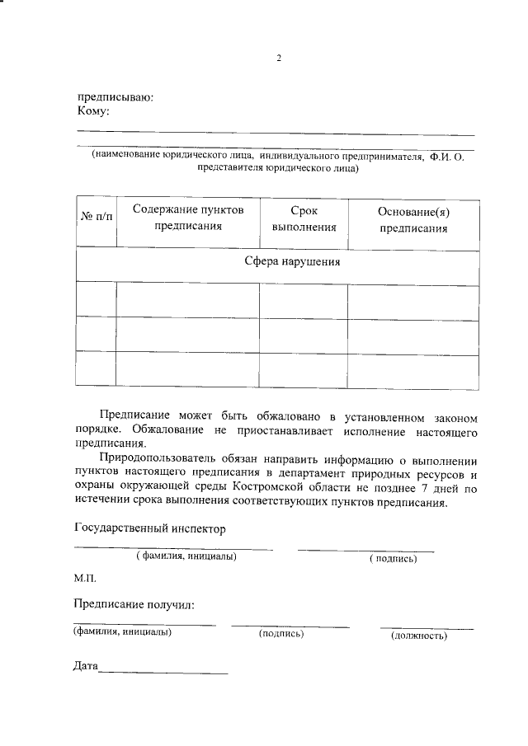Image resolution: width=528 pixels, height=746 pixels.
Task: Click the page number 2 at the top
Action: coord(279,59)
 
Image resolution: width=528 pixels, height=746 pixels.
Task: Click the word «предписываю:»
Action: coord(115,96)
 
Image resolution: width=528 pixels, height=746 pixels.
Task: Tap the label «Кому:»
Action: coord(93,110)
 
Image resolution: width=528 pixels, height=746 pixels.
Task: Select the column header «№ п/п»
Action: coord(95,220)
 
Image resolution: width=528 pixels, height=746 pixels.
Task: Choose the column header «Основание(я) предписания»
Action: coord(413,220)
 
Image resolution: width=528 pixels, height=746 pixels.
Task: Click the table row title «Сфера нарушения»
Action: coord(293,262)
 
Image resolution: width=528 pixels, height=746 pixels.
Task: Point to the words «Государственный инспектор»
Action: coord(149,528)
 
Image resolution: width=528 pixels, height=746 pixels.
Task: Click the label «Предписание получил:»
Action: coord(134,606)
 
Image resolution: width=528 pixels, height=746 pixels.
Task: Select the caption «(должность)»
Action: coord(418,635)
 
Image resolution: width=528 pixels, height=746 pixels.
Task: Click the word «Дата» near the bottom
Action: coord(86,665)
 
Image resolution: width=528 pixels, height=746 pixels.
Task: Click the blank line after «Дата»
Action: coord(163,671)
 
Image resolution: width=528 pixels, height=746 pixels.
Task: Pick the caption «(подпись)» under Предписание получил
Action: coord(281,634)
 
